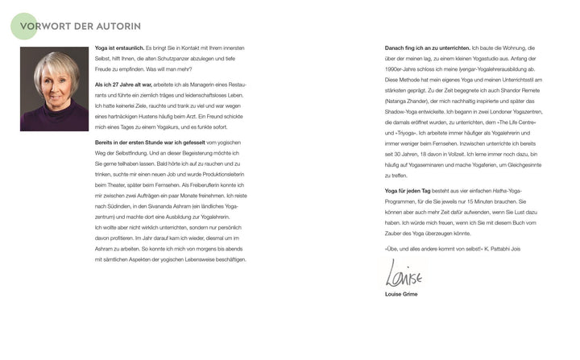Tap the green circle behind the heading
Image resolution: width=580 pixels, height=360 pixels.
point(23,26)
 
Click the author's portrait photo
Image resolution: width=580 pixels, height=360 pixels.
point(55,89)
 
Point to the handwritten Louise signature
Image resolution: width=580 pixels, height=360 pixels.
point(404,275)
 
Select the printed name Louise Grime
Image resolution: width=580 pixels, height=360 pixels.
point(402,294)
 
